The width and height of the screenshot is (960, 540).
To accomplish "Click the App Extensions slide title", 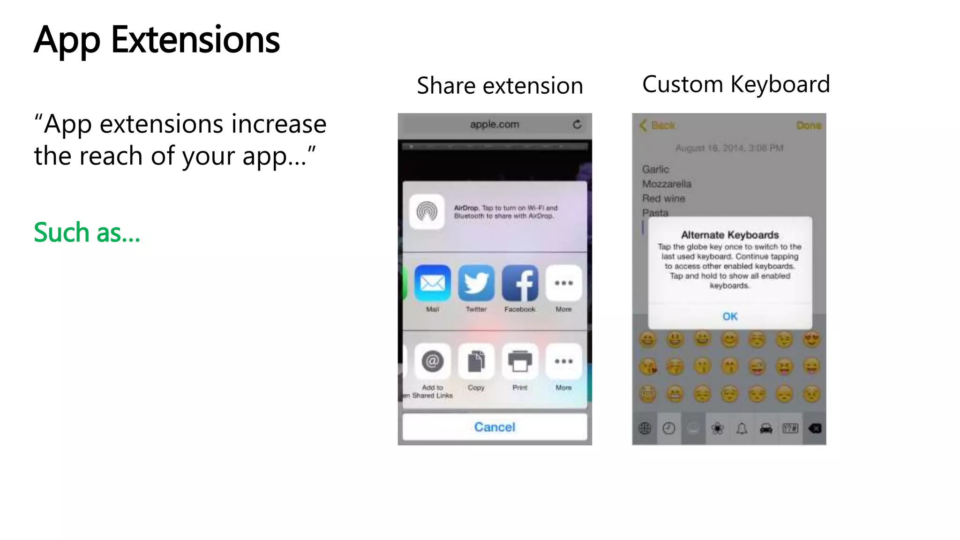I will pos(157,40).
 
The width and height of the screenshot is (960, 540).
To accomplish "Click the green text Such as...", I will pos(87,232).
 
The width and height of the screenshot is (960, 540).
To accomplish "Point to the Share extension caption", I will pos(500,86).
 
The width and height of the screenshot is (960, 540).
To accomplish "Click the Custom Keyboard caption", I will pos(736,84).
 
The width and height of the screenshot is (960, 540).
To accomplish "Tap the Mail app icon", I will pos(432,283).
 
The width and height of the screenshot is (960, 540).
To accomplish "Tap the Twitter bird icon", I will pos(476,283).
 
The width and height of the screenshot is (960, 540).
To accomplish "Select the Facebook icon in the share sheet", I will pos(520,283).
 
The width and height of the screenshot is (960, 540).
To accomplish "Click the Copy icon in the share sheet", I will pos(476,361).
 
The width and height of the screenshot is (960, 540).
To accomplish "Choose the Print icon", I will pos(520,361).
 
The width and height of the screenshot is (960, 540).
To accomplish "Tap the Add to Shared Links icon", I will pos(432,361).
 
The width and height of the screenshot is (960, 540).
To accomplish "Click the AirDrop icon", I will pos(427,211).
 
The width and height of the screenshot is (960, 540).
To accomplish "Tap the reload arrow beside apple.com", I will pos(577,124).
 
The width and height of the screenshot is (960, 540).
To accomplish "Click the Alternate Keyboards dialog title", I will pos(730,235).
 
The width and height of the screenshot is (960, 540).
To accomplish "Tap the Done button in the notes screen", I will pos(809,126).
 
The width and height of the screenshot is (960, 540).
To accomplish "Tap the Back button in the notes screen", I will pos(658,126).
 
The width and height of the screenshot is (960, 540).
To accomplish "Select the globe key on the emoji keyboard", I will pos(645,428).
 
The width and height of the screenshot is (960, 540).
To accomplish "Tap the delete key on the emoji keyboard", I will pos(815,428).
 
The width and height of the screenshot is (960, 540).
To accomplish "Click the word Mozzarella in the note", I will pos(667,184).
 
